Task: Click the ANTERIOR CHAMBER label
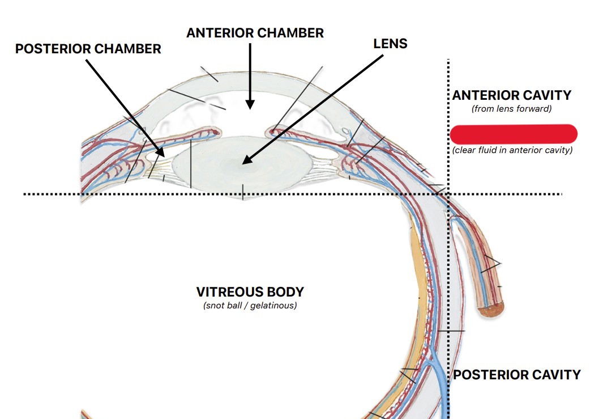pos(255,33)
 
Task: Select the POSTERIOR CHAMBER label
pos(88,49)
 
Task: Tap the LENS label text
pos(390,44)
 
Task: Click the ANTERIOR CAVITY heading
pos(511,95)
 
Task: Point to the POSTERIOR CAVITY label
pos(517,375)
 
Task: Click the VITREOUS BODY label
pos(250,292)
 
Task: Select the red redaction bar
pos(514,134)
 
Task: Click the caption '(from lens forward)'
pos(511,108)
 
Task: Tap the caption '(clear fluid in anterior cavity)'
pos(512,150)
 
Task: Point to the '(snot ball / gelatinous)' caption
pos(250,306)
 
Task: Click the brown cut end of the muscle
pos(490,310)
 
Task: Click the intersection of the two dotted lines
pos(448,194)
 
